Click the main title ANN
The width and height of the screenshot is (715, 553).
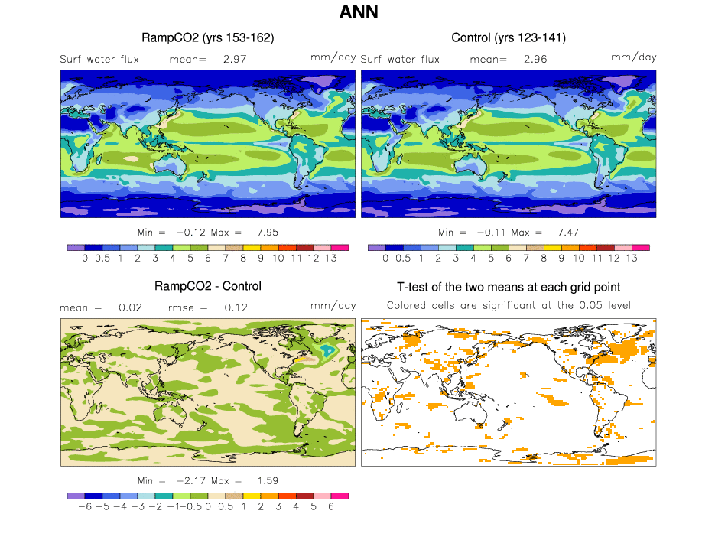(359, 12)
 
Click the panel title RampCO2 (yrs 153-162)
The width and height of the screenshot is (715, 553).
(208, 37)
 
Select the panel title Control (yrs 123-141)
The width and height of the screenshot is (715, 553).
(509, 37)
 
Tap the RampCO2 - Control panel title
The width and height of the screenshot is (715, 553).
(208, 286)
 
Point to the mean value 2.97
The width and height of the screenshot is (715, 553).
(235, 58)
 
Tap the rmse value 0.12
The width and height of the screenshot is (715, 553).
(235, 307)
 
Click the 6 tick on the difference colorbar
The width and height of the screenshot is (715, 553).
(331, 507)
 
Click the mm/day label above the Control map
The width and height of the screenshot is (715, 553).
(633, 57)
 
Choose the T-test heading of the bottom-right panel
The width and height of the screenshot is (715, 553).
(509, 287)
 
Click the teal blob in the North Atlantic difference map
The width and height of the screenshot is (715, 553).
(327, 350)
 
